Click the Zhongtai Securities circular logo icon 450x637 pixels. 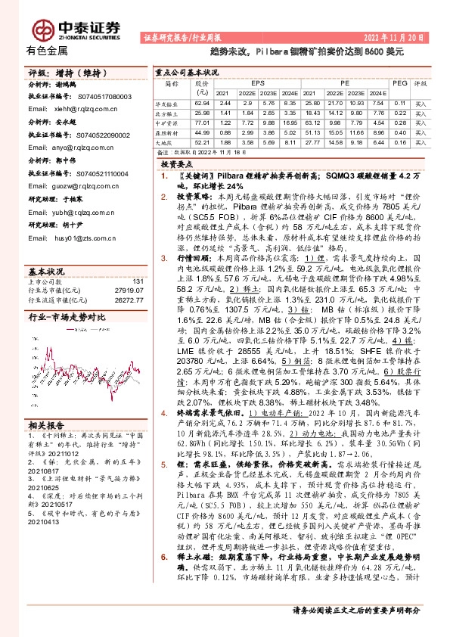[41, 28]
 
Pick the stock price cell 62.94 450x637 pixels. [201, 102]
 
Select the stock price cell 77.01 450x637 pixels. [201, 121]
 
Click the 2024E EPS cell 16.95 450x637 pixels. [290, 121]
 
